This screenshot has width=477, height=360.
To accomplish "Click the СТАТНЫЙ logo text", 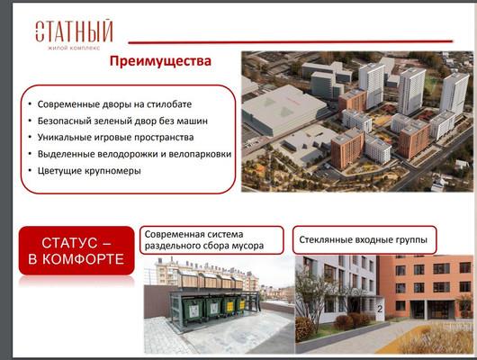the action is [x=74, y=31].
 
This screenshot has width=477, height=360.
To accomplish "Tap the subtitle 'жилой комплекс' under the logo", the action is [x=74, y=48].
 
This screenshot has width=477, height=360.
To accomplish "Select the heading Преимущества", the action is [x=160, y=61].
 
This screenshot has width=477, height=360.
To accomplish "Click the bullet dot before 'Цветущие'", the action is [x=30, y=170].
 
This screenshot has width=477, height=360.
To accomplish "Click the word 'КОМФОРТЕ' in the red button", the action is [x=83, y=259].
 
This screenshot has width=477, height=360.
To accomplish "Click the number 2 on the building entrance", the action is [x=380, y=310].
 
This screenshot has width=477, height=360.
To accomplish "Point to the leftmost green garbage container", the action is [x=193, y=310].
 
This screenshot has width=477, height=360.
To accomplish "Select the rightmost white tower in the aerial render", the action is [x=454, y=94].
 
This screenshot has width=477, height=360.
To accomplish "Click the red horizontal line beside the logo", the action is [x=291, y=41].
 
